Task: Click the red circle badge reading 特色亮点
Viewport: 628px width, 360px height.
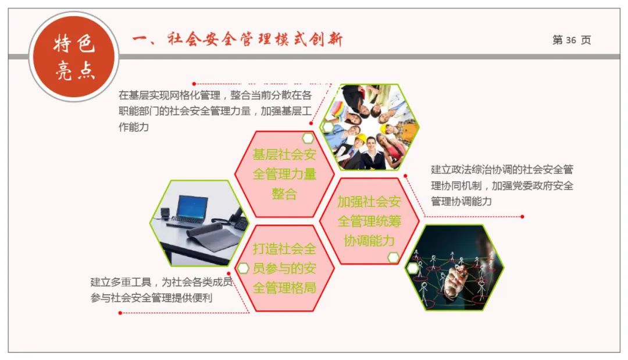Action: (x=74, y=56)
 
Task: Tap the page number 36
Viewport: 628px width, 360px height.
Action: (x=570, y=40)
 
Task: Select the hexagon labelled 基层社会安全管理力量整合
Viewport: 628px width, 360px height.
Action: (x=284, y=174)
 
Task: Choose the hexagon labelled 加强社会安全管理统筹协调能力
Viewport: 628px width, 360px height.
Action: (x=369, y=221)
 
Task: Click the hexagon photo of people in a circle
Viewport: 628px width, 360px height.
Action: (x=369, y=127)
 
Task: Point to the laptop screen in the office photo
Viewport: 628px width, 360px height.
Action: (x=192, y=206)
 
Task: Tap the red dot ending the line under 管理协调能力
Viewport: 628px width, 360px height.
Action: (x=522, y=216)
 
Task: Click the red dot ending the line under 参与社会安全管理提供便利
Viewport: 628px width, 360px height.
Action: (x=120, y=313)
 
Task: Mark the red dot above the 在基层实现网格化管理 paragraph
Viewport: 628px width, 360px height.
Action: (x=194, y=84)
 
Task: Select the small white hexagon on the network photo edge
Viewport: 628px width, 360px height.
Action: (x=412, y=268)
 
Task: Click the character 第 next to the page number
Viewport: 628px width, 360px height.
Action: (x=558, y=40)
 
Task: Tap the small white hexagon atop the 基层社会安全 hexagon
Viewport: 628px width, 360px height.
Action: (x=308, y=138)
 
